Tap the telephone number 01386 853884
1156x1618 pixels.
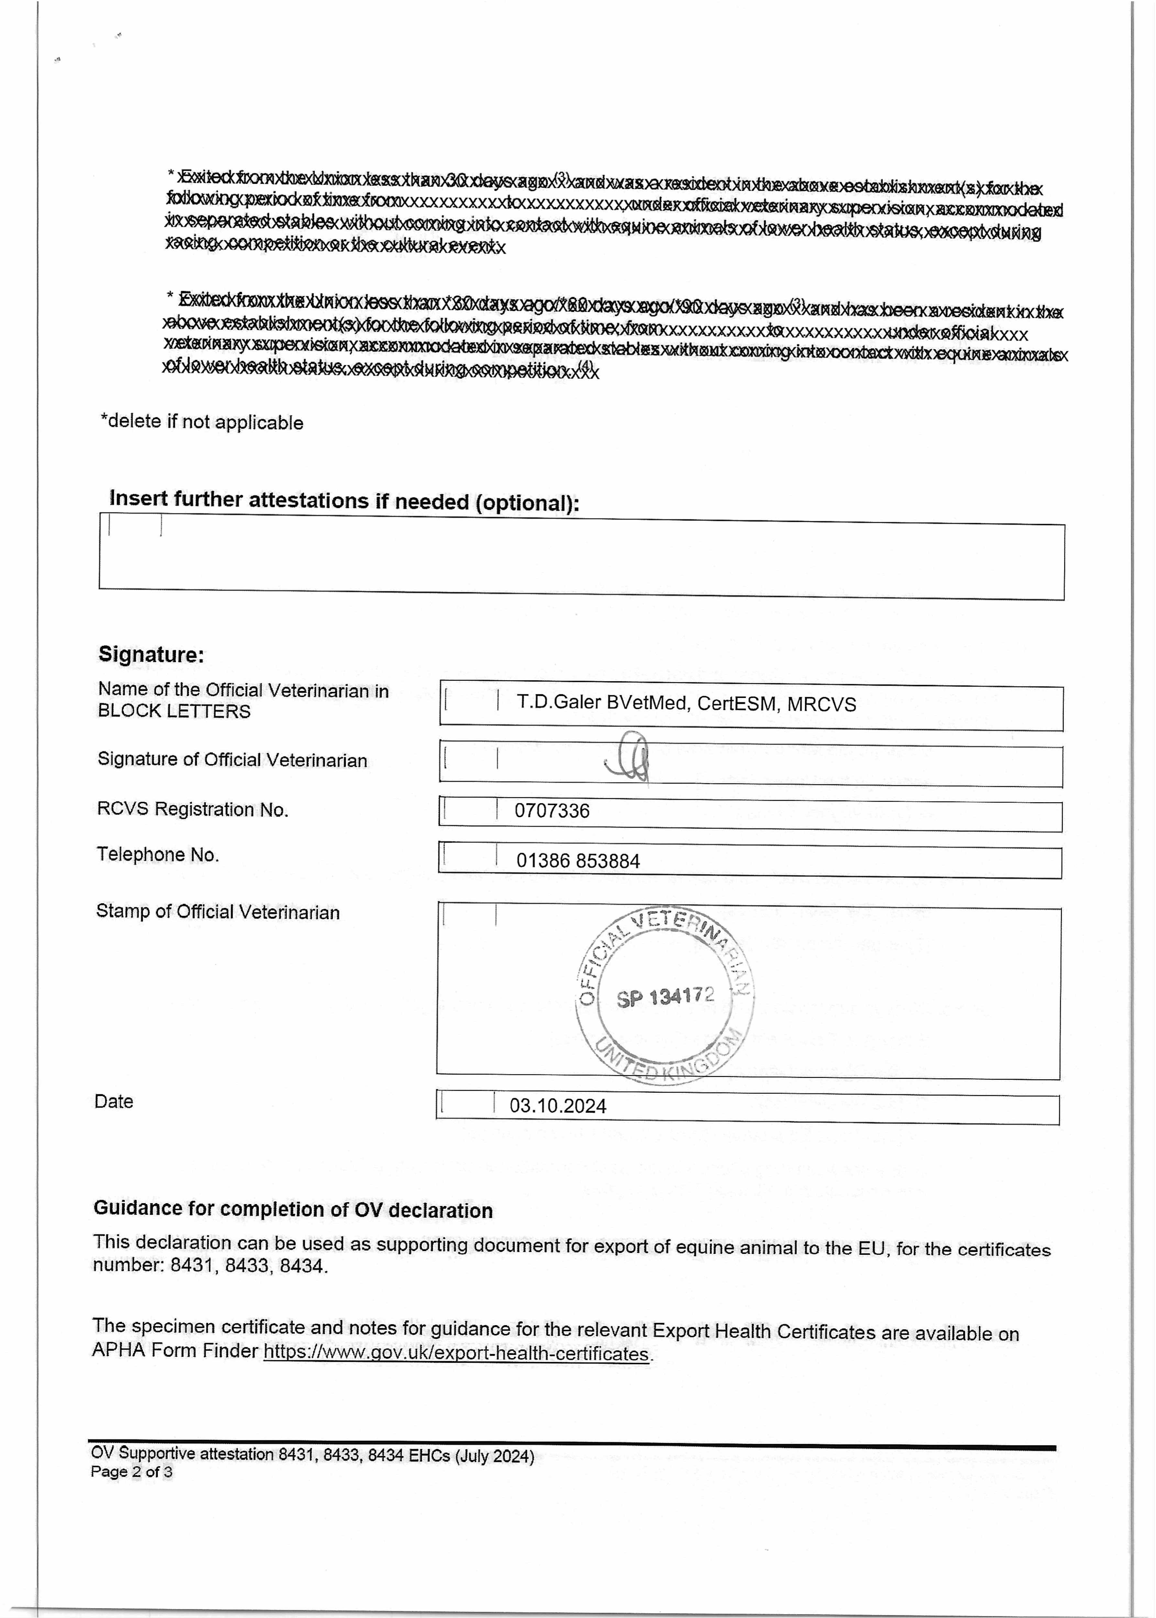(578, 861)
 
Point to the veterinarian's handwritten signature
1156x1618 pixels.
(630, 758)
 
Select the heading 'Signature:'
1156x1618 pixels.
(151, 654)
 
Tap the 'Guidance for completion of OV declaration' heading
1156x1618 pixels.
(292, 1209)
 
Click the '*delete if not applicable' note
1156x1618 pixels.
(202, 422)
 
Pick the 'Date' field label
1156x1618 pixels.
(114, 1101)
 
